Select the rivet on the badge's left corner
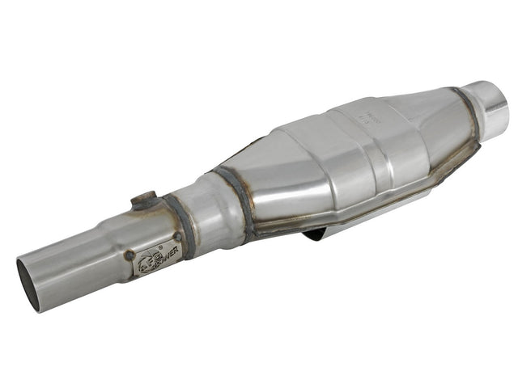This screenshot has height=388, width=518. coord(129,255)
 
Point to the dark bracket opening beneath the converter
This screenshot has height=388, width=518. coord(317,235)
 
